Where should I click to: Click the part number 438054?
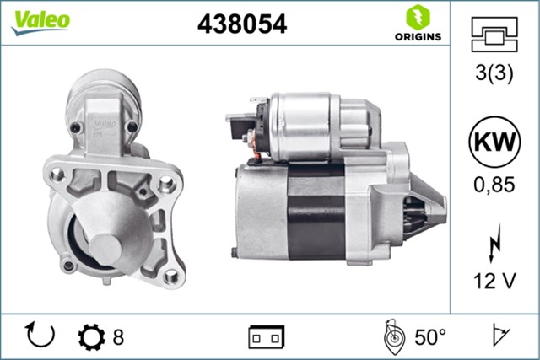tap(242, 24)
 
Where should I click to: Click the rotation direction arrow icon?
tap(40, 336)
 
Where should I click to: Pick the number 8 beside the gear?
tap(118, 337)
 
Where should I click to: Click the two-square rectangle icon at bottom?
tap(266, 337)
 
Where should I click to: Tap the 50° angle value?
tap(430, 337)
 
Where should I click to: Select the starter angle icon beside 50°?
tap(391, 337)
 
